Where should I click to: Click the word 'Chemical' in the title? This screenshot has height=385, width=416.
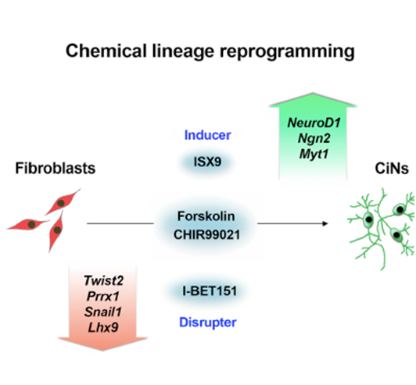(106, 51)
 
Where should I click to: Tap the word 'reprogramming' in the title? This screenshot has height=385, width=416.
(287, 52)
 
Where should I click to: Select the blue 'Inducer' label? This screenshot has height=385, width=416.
(207, 135)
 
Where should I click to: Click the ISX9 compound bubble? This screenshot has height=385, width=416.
(207, 162)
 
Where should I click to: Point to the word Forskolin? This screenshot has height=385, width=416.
(206, 216)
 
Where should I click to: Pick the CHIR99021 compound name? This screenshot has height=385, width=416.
(206, 235)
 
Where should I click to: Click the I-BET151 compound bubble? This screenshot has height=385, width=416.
(209, 291)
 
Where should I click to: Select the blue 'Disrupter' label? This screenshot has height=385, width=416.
(208, 323)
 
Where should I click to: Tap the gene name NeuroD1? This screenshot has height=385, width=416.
(314, 123)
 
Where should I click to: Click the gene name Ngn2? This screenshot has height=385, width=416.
(314, 138)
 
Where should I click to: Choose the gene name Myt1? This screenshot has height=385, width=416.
(314, 154)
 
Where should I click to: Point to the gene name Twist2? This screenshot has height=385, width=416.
(103, 280)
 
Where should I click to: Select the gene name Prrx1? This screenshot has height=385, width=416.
(103, 296)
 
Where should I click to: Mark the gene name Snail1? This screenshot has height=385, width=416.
(103, 312)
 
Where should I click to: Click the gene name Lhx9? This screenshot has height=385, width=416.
(103, 327)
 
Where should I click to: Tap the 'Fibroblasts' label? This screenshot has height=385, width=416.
(56, 168)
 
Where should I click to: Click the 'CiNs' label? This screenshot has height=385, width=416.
(392, 169)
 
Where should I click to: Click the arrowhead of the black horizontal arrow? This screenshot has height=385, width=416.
(325, 223)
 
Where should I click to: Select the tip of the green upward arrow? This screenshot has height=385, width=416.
(313, 93)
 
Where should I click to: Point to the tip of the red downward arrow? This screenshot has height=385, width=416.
(102, 351)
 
